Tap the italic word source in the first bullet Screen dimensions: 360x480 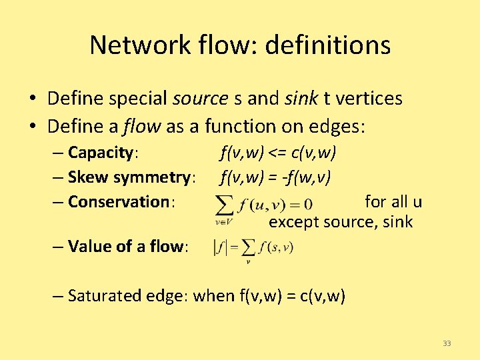pyautogui.click(x=200, y=99)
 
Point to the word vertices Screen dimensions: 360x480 pyautogui.click(x=371, y=99)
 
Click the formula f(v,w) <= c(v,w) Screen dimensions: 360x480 pyautogui.click(x=278, y=153)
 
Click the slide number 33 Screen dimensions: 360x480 pyautogui.click(x=447, y=343)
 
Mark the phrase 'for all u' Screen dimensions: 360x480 pyautogui.click(x=393, y=201)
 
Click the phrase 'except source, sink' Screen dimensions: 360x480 pyautogui.click(x=341, y=221)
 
